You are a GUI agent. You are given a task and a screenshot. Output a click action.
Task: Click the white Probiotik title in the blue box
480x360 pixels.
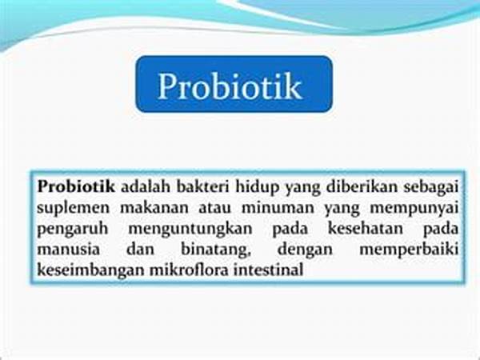click(230, 86)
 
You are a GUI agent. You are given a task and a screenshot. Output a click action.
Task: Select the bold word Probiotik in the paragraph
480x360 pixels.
click(76, 186)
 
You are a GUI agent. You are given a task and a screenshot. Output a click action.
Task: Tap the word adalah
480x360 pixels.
click(146, 186)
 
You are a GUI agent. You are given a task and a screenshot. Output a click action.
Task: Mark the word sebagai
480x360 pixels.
click(431, 187)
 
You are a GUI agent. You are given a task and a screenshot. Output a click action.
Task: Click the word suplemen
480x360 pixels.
click(73, 208)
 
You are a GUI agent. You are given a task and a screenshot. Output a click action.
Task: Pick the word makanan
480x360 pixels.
click(154, 207)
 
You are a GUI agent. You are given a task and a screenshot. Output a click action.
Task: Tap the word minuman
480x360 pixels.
click(278, 207)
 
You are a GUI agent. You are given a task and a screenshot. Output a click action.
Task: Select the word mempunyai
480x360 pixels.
click(414, 209)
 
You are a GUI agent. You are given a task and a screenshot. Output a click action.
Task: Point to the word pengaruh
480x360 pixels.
click(73, 229)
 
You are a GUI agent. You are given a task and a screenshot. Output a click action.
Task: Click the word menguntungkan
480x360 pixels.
click(190, 229)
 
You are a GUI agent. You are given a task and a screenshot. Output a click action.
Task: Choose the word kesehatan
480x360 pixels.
click(366, 228)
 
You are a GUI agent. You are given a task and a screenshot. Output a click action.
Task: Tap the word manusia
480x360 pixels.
click(68, 249)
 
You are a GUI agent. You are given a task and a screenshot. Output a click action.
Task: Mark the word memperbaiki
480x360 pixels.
click(409, 250)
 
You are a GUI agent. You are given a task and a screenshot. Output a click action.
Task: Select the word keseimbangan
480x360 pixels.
click(90, 270)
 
